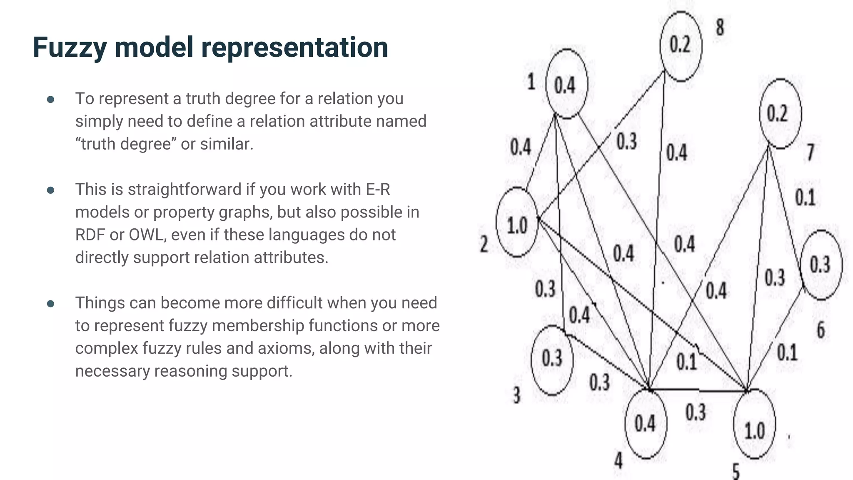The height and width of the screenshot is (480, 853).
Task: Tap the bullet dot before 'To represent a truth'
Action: click(51, 100)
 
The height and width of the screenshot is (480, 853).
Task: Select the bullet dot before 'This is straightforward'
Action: click(51, 190)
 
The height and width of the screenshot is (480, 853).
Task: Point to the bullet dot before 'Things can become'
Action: click(51, 304)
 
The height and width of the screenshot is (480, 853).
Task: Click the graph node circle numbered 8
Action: click(681, 46)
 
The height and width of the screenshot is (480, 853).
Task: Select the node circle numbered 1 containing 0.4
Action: click(566, 84)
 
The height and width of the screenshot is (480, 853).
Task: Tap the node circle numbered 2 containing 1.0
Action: click(517, 222)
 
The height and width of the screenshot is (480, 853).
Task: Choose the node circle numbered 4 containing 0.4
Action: click(646, 424)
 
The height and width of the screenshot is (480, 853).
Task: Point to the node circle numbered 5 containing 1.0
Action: click(754, 424)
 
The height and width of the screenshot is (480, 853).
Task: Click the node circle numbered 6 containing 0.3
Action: click(820, 265)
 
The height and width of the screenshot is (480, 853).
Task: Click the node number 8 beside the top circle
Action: click(720, 28)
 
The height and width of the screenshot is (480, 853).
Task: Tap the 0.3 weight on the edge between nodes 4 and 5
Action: click(696, 412)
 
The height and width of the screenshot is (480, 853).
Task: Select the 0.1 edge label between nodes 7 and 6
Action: click(805, 197)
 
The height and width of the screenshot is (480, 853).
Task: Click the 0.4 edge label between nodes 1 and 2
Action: click(521, 147)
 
